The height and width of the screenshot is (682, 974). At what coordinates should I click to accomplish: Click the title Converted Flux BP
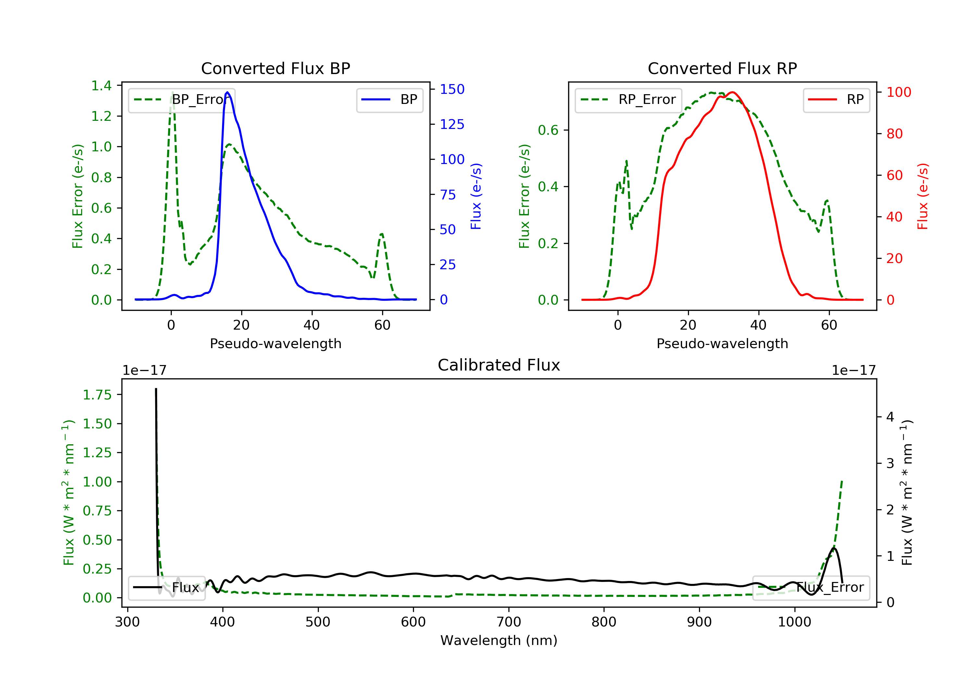[x=275, y=68]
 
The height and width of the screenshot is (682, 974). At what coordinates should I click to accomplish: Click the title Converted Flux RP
[x=722, y=68]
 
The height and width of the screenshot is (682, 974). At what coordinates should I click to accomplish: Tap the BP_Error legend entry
[x=181, y=100]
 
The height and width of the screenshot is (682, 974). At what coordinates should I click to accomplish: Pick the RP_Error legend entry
[x=628, y=100]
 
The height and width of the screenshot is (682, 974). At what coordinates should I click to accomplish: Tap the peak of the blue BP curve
[x=227, y=93]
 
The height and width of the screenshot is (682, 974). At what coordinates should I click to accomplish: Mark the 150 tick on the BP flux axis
[x=452, y=89]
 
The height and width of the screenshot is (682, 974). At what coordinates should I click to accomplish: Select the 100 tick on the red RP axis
[x=898, y=92]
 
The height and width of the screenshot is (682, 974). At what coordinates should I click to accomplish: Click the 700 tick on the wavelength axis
[x=509, y=622]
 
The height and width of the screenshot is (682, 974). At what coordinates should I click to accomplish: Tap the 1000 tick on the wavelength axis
[x=794, y=622]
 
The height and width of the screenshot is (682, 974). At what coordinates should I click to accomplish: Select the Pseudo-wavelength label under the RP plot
[x=722, y=344]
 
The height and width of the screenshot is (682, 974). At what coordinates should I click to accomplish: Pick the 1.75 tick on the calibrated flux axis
[x=97, y=395]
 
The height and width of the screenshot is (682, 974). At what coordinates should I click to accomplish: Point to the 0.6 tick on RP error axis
[x=548, y=130]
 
